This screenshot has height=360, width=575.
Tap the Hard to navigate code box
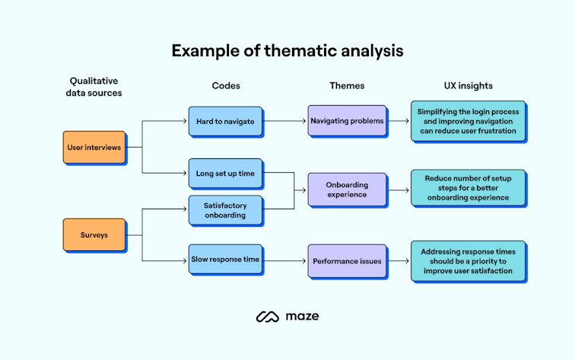tap(225, 121)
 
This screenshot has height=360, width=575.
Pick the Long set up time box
tap(225, 174)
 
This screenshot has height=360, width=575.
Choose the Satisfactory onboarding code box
tap(225, 210)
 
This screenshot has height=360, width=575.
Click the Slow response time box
tap(225, 260)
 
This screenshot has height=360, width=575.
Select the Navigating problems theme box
tap(348, 121)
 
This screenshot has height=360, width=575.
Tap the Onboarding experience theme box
tap(348, 190)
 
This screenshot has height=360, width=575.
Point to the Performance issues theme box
tap(348, 260)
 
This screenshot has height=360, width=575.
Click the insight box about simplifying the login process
tap(468, 121)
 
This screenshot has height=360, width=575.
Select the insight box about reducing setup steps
tap(468, 187)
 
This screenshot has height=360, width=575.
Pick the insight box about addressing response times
tap(468, 260)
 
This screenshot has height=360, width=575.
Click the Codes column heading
tap(226, 86)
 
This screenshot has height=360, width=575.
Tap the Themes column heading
tap(347, 86)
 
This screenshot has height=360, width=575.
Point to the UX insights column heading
tap(468, 86)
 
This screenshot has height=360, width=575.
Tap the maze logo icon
tap(267, 316)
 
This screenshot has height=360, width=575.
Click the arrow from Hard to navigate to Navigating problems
tap(285, 120)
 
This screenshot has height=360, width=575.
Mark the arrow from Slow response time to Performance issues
tap(285, 260)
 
